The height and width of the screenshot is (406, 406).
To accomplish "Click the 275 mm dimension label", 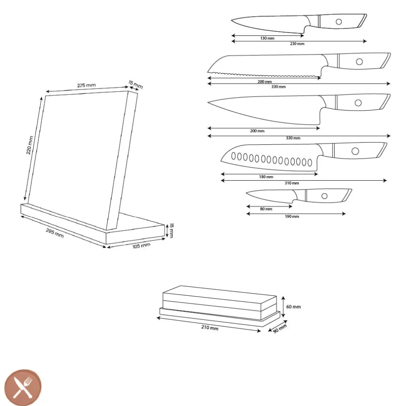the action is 87,85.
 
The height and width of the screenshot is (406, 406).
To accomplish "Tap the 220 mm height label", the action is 30,145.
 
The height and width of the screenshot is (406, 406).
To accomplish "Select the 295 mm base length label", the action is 54,233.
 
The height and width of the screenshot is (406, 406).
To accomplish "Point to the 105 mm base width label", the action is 142,246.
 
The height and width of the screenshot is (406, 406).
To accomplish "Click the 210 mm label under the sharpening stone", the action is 210,328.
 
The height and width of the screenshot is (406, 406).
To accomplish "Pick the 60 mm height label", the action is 293,307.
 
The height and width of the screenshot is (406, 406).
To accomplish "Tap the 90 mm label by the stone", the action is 280,328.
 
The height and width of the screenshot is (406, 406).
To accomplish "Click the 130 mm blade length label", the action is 267,38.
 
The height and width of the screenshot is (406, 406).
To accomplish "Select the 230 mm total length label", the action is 297,44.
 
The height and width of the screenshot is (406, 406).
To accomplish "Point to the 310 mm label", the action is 292,183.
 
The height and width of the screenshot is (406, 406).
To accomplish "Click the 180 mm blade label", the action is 266,177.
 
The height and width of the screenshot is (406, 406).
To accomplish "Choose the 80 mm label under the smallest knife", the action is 266,209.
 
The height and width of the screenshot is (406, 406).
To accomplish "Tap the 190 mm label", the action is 292,217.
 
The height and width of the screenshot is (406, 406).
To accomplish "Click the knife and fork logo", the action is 23,387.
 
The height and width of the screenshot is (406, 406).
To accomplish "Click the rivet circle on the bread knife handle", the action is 359,61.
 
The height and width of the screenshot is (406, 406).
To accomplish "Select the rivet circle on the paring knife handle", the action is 324,196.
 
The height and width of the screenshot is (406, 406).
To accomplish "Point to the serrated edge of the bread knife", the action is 264,75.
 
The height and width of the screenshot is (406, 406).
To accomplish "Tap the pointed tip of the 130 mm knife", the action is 232,20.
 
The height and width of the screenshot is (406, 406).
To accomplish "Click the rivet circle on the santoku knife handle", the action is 355,151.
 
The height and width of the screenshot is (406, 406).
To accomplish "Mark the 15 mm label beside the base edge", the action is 171,231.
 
